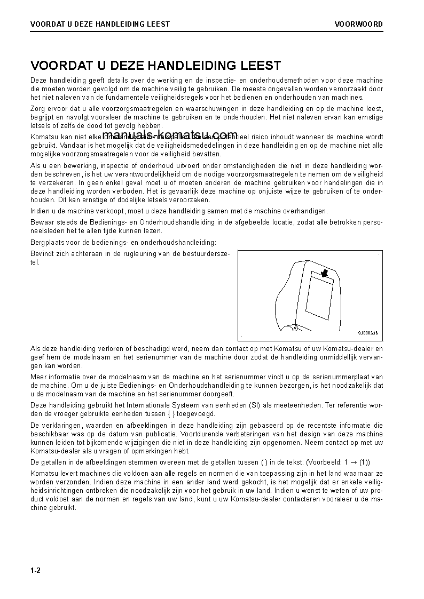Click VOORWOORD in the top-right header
point(358,24)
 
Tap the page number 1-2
point(35,570)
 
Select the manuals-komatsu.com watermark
point(170,134)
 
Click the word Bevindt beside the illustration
point(42,254)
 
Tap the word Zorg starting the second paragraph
point(38,108)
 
